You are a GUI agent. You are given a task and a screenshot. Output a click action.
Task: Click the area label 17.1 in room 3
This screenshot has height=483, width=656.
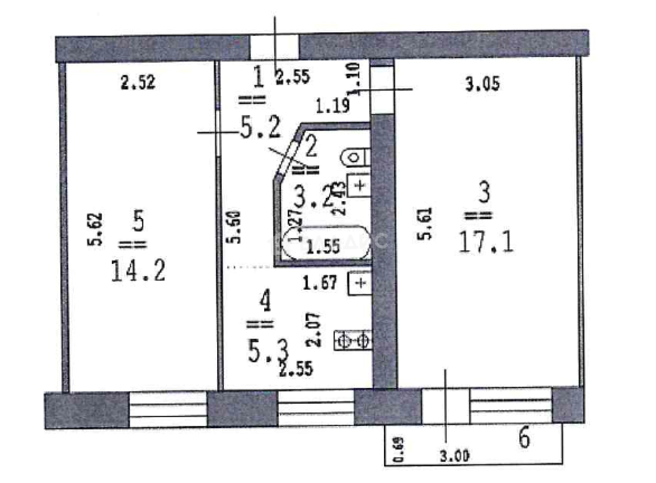pyautogui.click(x=485, y=243)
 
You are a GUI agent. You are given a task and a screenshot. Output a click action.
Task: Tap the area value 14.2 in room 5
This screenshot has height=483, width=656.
pyautogui.click(x=138, y=271)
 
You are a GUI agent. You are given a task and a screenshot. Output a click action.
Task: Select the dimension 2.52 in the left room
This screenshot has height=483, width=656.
pyautogui.click(x=138, y=83)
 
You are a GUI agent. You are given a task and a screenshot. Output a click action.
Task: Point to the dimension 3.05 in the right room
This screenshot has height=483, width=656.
pyautogui.click(x=482, y=84)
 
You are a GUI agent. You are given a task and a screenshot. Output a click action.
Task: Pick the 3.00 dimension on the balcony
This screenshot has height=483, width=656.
pyautogui.click(x=454, y=456)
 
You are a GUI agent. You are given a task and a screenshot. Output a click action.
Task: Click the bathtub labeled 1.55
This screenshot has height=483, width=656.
pyautogui.click(x=325, y=244)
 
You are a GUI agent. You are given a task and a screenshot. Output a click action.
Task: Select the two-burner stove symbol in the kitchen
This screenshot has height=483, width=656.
pyautogui.click(x=354, y=341)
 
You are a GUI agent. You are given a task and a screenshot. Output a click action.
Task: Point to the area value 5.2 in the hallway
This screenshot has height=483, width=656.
pyautogui.click(x=260, y=128)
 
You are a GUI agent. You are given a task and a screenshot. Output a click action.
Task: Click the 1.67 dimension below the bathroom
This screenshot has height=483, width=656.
pyautogui.click(x=321, y=283)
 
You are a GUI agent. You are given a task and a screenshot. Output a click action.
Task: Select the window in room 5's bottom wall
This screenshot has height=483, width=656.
pyautogui.click(x=168, y=409)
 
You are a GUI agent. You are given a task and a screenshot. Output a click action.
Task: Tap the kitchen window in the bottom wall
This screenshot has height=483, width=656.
pyautogui.click(x=315, y=409)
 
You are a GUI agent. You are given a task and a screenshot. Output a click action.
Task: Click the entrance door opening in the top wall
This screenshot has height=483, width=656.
pyautogui.click(x=274, y=48)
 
